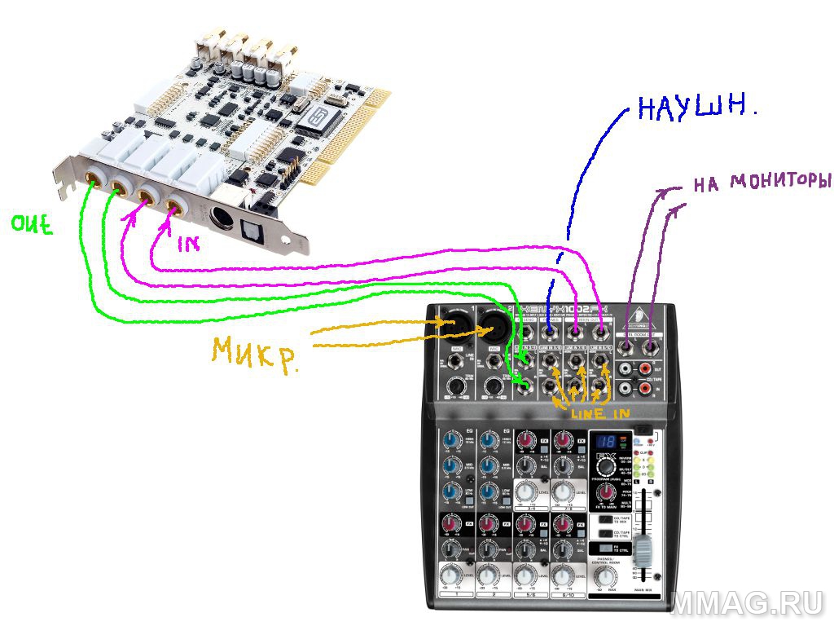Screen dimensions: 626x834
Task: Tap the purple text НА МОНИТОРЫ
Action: point(761,180)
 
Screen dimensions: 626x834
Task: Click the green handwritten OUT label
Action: point(31,224)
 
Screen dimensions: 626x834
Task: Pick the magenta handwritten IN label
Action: point(188,243)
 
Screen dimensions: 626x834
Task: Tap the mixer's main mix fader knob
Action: point(645,550)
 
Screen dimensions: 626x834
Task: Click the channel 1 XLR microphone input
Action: point(454,323)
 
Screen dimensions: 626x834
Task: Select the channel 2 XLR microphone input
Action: point(494,324)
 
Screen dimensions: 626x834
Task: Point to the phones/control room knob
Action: point(604,577)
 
